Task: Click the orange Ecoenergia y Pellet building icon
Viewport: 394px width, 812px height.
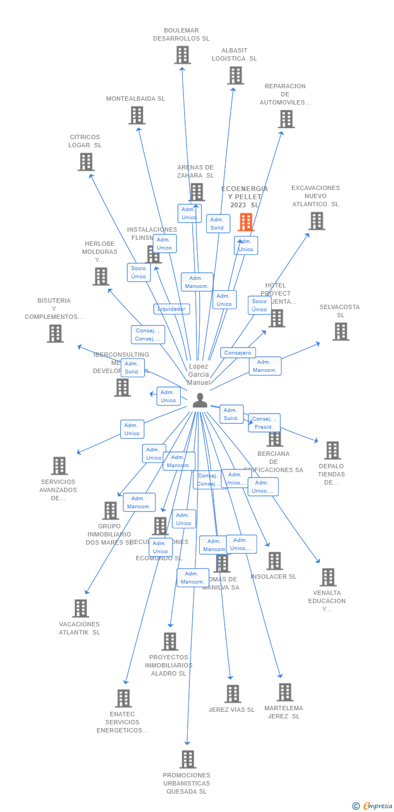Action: coord(246,221)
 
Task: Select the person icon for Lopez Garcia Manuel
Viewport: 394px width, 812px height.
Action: coord(200,400)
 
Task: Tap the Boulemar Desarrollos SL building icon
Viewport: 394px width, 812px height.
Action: coord(182,55)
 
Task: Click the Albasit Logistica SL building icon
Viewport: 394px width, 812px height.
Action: coord(235,75)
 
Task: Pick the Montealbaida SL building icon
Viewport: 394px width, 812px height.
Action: coord(137,115)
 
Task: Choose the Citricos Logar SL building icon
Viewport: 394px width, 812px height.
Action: coord(86,162)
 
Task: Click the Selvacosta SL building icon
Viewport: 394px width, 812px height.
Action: coord(340,331)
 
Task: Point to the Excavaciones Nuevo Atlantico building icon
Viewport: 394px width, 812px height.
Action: coord(317,221)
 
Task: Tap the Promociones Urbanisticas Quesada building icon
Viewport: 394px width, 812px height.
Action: coord(188,759)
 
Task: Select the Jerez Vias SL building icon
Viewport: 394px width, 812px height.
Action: coord(233,693)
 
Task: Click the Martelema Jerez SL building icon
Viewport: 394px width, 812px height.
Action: coord(285,692)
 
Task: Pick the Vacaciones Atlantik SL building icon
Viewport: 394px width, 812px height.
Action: coord(81,608)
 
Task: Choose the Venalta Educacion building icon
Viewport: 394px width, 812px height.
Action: coord(327,577)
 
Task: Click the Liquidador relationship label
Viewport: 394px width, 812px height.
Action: coord(172,309)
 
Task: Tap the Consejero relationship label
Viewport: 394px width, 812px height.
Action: coord(238,353)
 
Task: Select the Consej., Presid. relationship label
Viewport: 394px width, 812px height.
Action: coord(264,423)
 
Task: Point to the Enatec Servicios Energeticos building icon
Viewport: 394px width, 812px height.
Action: coord(123,698)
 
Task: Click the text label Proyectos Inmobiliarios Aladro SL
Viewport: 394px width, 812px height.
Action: coord(168,665)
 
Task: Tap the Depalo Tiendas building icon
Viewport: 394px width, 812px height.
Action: coord(332,450)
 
